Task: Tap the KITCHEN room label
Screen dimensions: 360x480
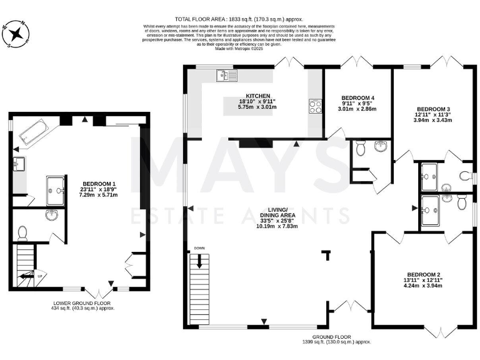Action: coord(237,96)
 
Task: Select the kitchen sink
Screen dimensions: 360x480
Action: coord(224,76)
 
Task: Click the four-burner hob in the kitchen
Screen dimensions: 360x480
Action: coord(314,107)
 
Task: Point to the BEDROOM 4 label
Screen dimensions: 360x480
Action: coord(358,98)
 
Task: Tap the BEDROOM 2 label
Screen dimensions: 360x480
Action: coord(424,274)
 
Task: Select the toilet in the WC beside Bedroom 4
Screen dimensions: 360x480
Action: coord(359,149)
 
